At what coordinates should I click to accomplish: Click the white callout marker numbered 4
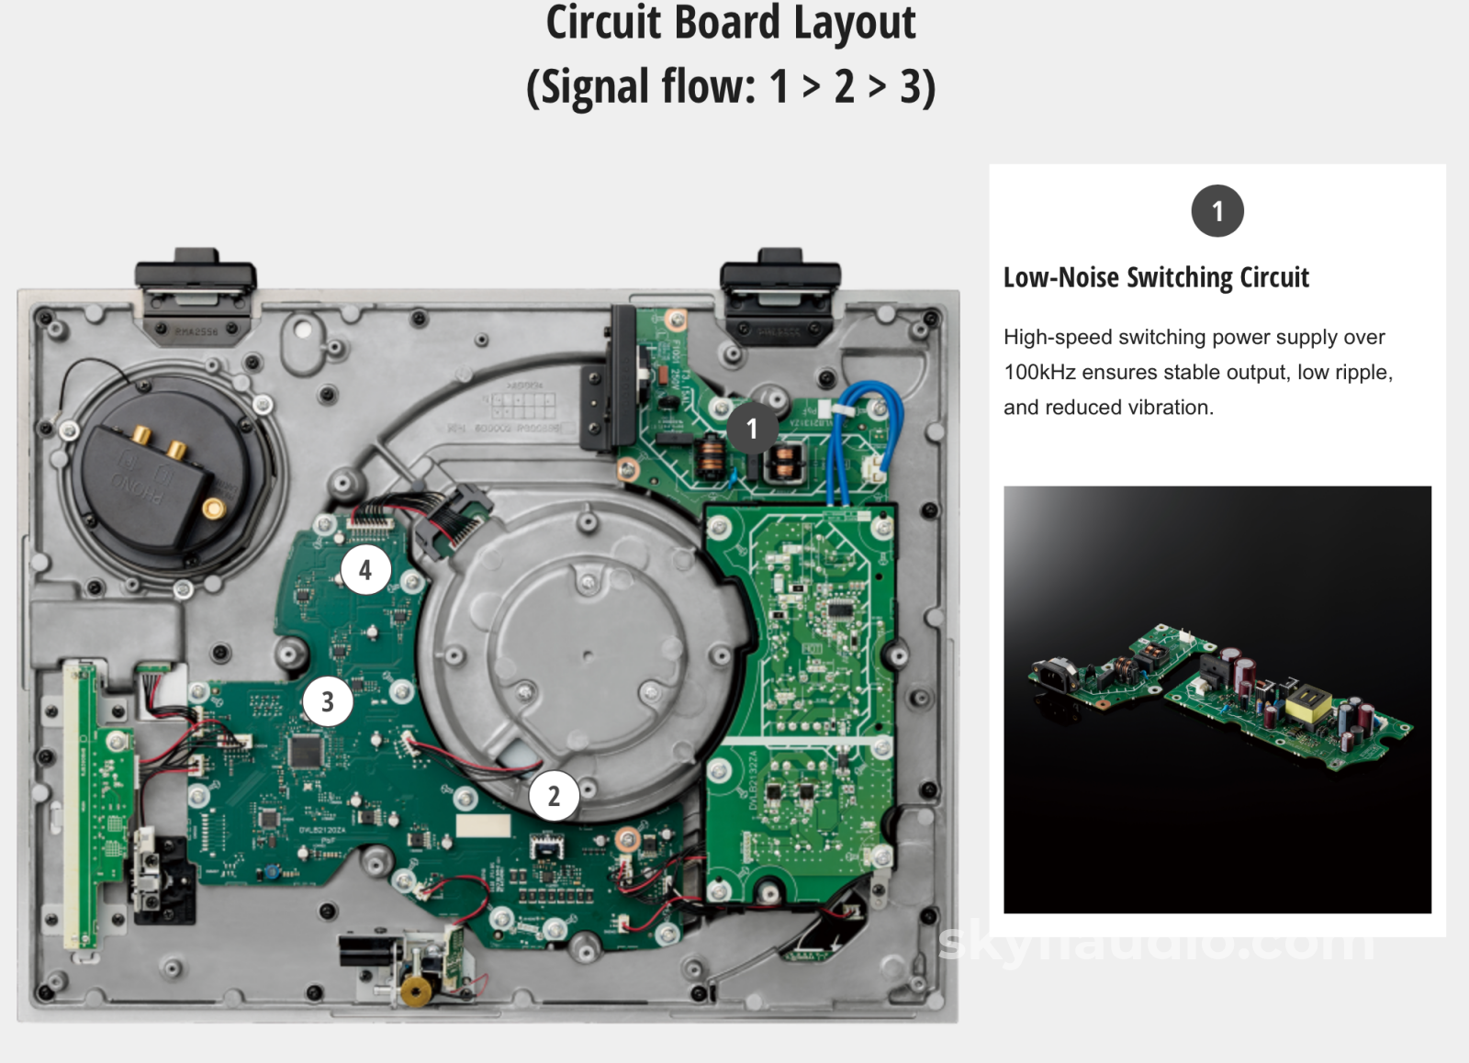click(x=365, y=569)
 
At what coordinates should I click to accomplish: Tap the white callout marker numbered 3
click(x=327, y=701)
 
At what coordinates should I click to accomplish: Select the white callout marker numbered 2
click(x=554, y=796)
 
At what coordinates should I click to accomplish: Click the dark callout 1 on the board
click(x=752, y=428)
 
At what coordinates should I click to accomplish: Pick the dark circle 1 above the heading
click(x=1217, y=211)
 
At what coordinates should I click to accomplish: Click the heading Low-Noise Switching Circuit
click(x=1155, y=277)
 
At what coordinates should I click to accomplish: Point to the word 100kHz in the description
click(x=1039, y=372)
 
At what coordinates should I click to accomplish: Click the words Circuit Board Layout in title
click(x=730, y=22)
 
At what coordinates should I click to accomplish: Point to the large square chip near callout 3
click(x=306, y=751)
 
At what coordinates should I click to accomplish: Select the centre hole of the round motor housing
click(x=588, y=655)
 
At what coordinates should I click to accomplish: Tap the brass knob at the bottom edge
click(x=417, y=991)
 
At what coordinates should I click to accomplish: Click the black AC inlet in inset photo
click(x=1053, y=674)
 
